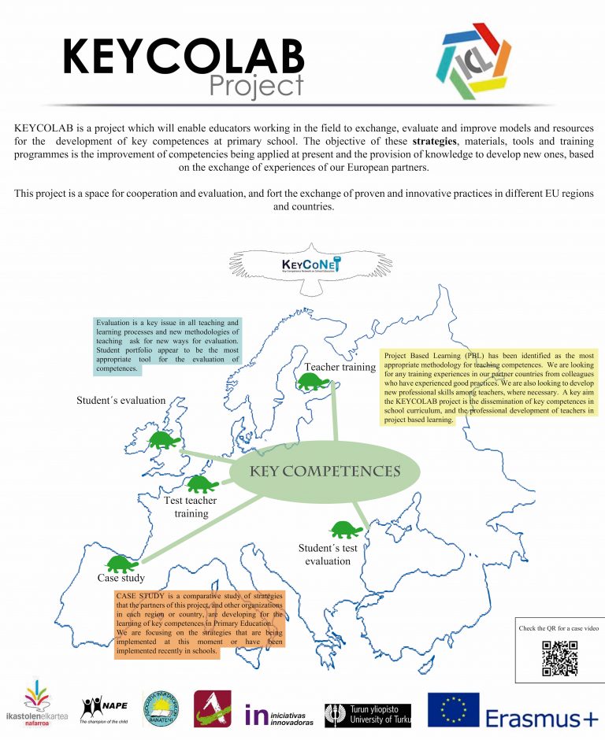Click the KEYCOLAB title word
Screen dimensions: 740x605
click(183, 57)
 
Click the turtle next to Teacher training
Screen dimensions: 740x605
click(313, 383)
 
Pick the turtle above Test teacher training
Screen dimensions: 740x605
click(202, 483)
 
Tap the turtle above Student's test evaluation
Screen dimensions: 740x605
click(343, 528)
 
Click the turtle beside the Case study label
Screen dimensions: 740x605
click(122, 564)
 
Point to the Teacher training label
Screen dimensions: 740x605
click(340, 367)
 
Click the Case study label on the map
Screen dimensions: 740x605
click(119, 579)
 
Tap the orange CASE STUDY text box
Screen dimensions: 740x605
click(199, 623)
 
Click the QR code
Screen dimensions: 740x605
click(559, 659)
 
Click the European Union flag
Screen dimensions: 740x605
click(453, 709)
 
